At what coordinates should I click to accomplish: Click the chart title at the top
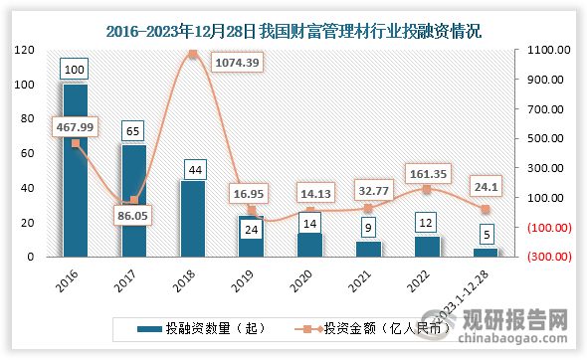(x=293, y=31)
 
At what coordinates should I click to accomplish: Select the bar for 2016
(x=76, y=170)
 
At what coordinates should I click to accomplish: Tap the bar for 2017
(x=134, y=200)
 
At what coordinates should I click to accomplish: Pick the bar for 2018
(x=193, y=218)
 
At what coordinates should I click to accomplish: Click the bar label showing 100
(x=76, y=71)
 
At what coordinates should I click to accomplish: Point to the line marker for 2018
(x=193, y=54)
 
